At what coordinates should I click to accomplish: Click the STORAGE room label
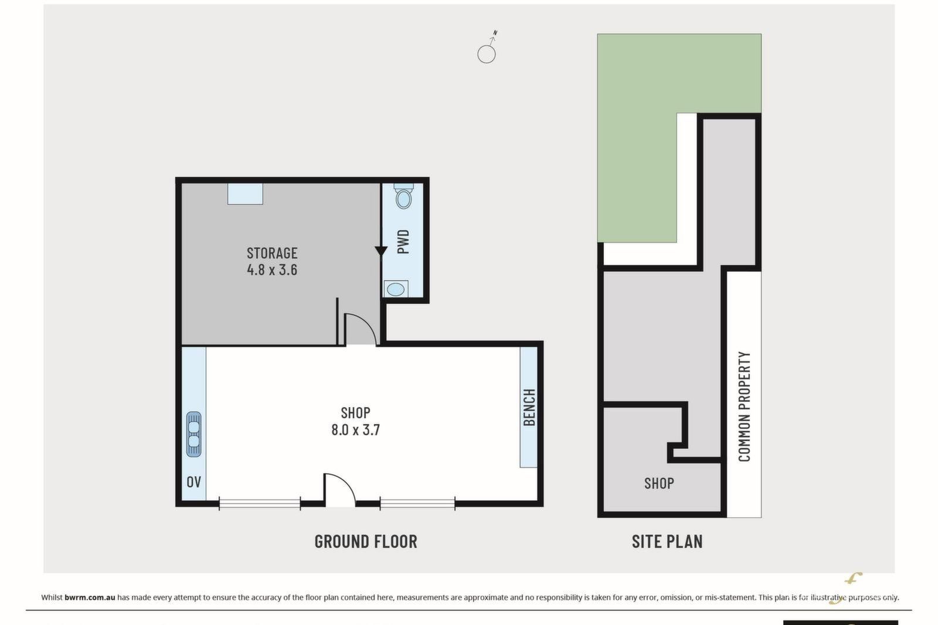[272, 253]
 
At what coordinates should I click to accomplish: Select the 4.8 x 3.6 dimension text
[272, 270]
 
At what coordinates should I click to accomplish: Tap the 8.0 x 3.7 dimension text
[355, 429]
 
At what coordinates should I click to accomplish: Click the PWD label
[403, 242]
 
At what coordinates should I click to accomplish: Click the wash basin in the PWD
[396, 289]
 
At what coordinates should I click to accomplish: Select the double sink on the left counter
[193, 434]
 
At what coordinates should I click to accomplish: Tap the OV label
[193, 482]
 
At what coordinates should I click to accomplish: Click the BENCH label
[529, 408]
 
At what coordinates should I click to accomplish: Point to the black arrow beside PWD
[380, 251]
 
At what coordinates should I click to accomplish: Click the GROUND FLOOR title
[366, 541]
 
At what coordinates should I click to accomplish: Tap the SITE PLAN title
[667, 541]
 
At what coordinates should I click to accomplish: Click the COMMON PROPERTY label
[744, 406]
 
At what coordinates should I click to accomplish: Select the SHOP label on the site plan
[659, 484]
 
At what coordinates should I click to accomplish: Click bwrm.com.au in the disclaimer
[90, 597]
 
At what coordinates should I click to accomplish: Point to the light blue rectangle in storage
[245, 194]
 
